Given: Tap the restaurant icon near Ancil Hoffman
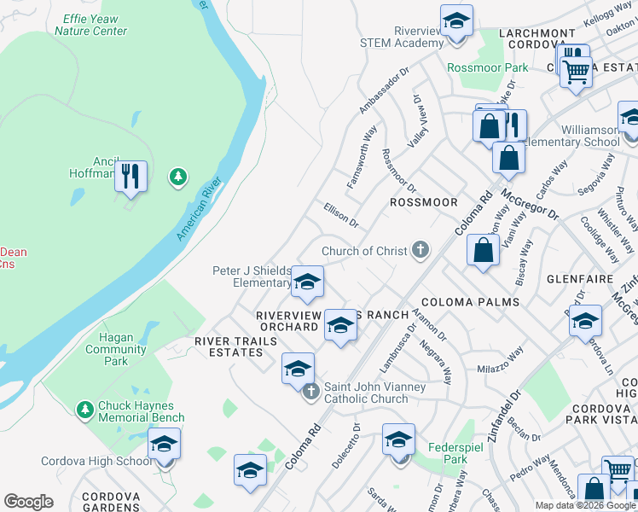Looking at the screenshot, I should (130, 177).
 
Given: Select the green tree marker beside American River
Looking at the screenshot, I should (177, 177).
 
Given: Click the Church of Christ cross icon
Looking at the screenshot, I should (419, 250).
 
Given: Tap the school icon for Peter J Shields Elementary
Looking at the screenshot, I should (307, 281).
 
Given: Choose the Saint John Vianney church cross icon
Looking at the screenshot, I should (311, 392).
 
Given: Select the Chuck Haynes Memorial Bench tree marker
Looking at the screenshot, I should (84, 410).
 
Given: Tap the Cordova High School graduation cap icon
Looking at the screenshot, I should (165, 444).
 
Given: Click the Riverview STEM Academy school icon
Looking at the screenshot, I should (457, 20).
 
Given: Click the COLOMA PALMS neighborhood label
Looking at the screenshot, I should (470, 302).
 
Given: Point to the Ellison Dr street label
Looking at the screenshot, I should (341, 213).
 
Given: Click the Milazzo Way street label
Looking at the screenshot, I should (500, 361).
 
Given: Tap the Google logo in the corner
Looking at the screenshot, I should (28, 502).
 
